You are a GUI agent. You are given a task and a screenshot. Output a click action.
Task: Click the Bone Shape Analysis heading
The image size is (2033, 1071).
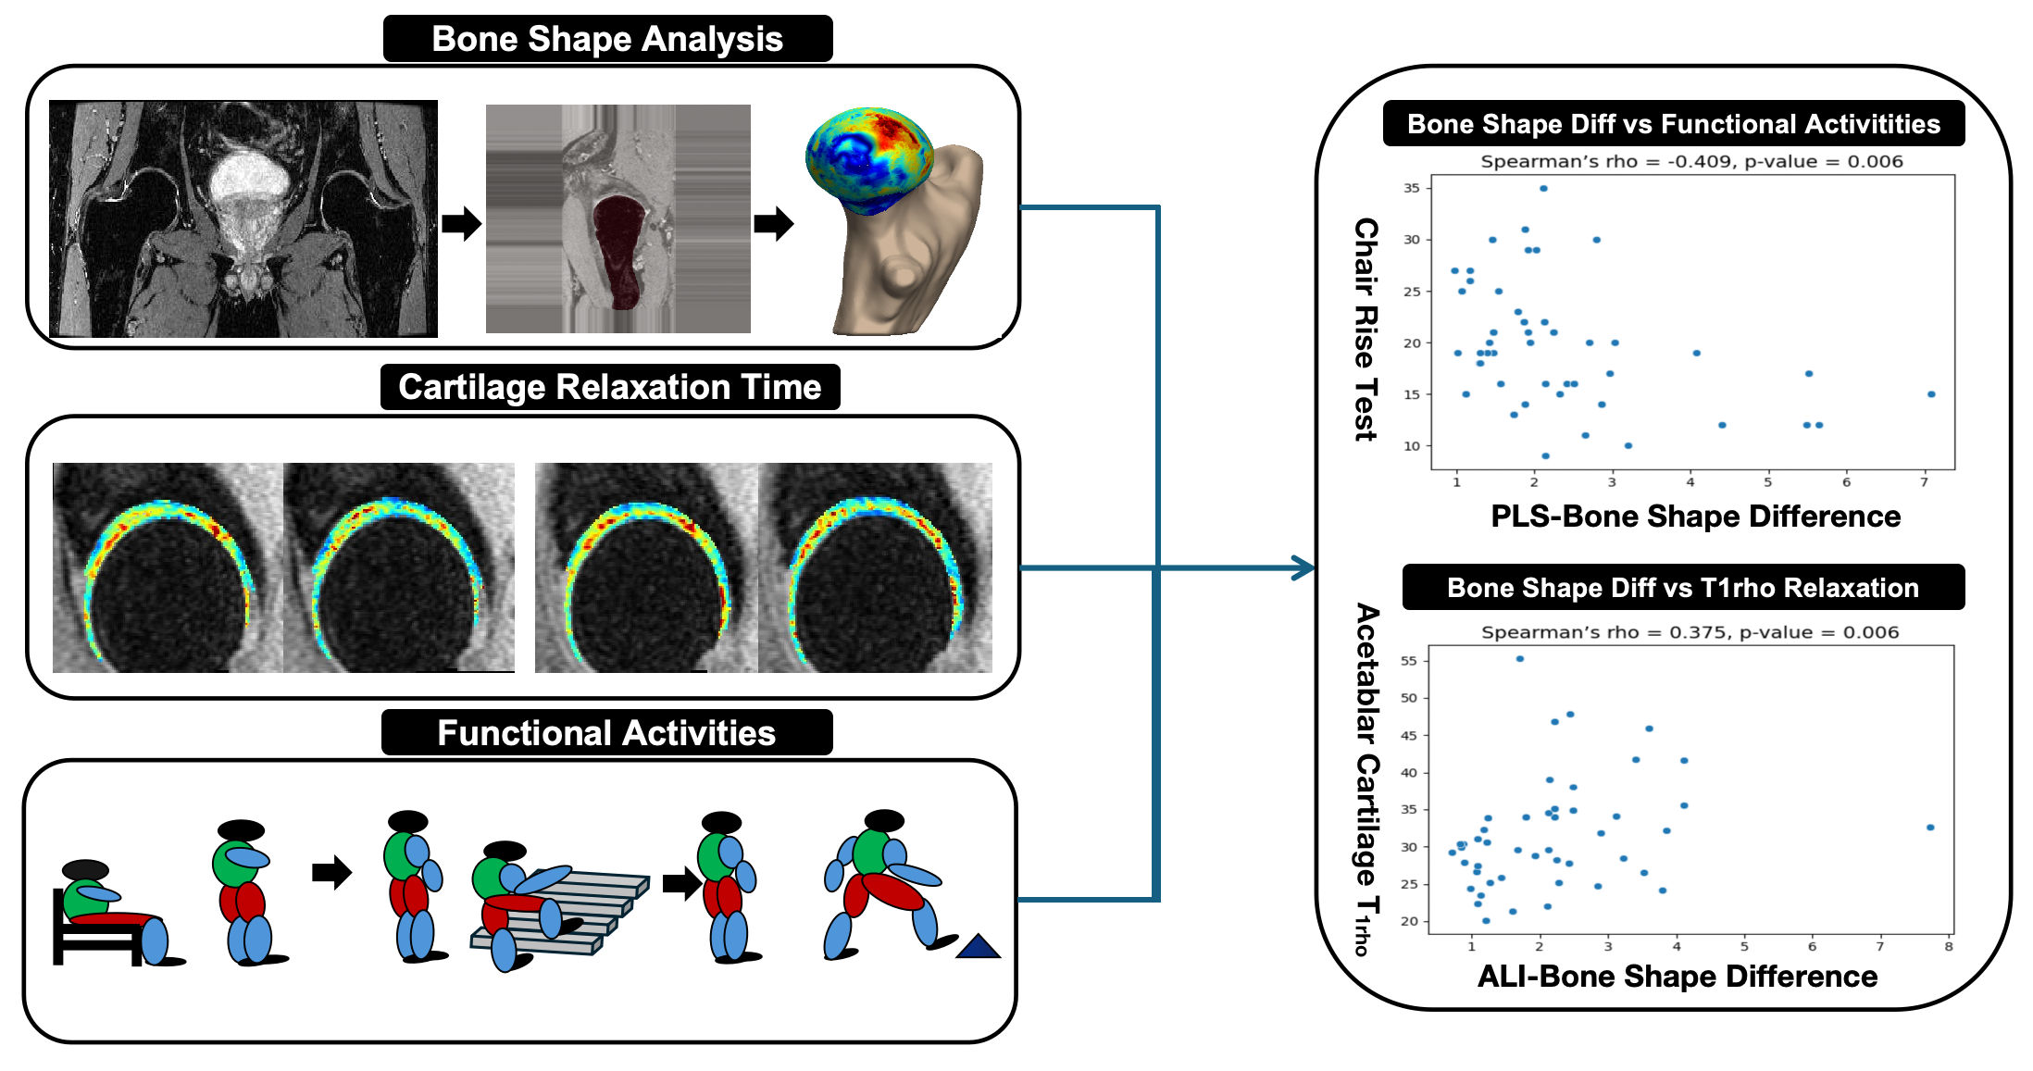click(607, 39)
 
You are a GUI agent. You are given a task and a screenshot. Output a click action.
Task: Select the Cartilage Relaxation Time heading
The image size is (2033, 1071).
click(609, 387)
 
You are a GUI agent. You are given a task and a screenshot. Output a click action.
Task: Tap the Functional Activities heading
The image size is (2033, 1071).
click(606, 733)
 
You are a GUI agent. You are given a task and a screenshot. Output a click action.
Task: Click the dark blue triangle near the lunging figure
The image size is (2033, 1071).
click(978, 947)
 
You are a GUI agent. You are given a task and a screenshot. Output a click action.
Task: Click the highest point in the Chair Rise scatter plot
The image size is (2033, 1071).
click(1543, 189)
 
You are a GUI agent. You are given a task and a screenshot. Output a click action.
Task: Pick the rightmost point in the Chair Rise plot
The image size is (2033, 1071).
click(1931, 394)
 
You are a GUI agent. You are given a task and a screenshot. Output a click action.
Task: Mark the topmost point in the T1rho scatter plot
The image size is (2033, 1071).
click(1520, 659)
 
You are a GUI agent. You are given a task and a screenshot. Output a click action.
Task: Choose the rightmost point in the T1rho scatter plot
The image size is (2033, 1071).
click(1930, 828)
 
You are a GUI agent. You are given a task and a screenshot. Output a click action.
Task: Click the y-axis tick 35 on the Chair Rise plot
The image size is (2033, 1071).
click(1411, 188)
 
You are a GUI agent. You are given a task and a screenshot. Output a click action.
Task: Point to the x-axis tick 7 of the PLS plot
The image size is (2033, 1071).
click(1924, 482)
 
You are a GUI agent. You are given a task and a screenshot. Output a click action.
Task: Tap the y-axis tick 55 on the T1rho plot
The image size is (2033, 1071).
click(1408, 661)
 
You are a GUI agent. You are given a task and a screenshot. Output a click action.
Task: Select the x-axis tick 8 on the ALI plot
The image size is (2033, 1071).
click(1949, 947)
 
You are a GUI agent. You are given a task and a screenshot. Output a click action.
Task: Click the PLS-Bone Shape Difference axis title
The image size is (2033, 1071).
click(1695, 517)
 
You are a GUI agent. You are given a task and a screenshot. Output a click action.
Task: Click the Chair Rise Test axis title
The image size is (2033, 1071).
click(1366, 329)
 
